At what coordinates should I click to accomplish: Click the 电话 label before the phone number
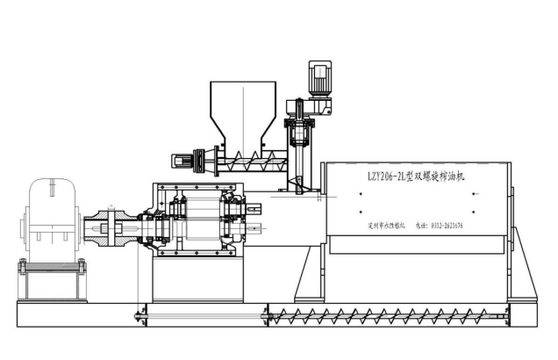(x=422, y=226)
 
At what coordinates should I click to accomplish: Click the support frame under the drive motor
(x=53, y=279)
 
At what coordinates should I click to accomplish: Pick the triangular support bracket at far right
(x=520, y=268)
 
